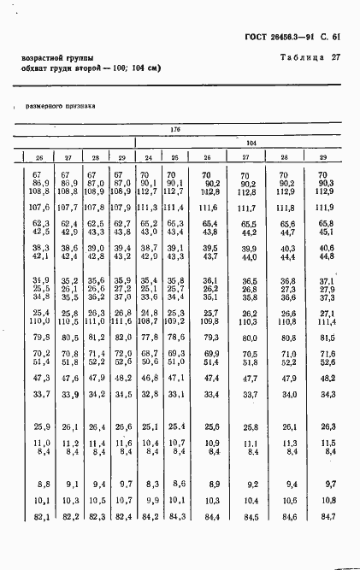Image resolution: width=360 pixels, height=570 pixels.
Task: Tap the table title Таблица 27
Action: pos(310,57)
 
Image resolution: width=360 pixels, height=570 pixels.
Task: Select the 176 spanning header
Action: pos(175,128)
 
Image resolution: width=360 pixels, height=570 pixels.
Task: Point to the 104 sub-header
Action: pos(251,143)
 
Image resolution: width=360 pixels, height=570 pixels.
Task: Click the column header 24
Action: pos(149,157)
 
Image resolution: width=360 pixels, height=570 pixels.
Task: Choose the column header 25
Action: pos(174,157)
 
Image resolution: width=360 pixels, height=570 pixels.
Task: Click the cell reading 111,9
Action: pos(323,207)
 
